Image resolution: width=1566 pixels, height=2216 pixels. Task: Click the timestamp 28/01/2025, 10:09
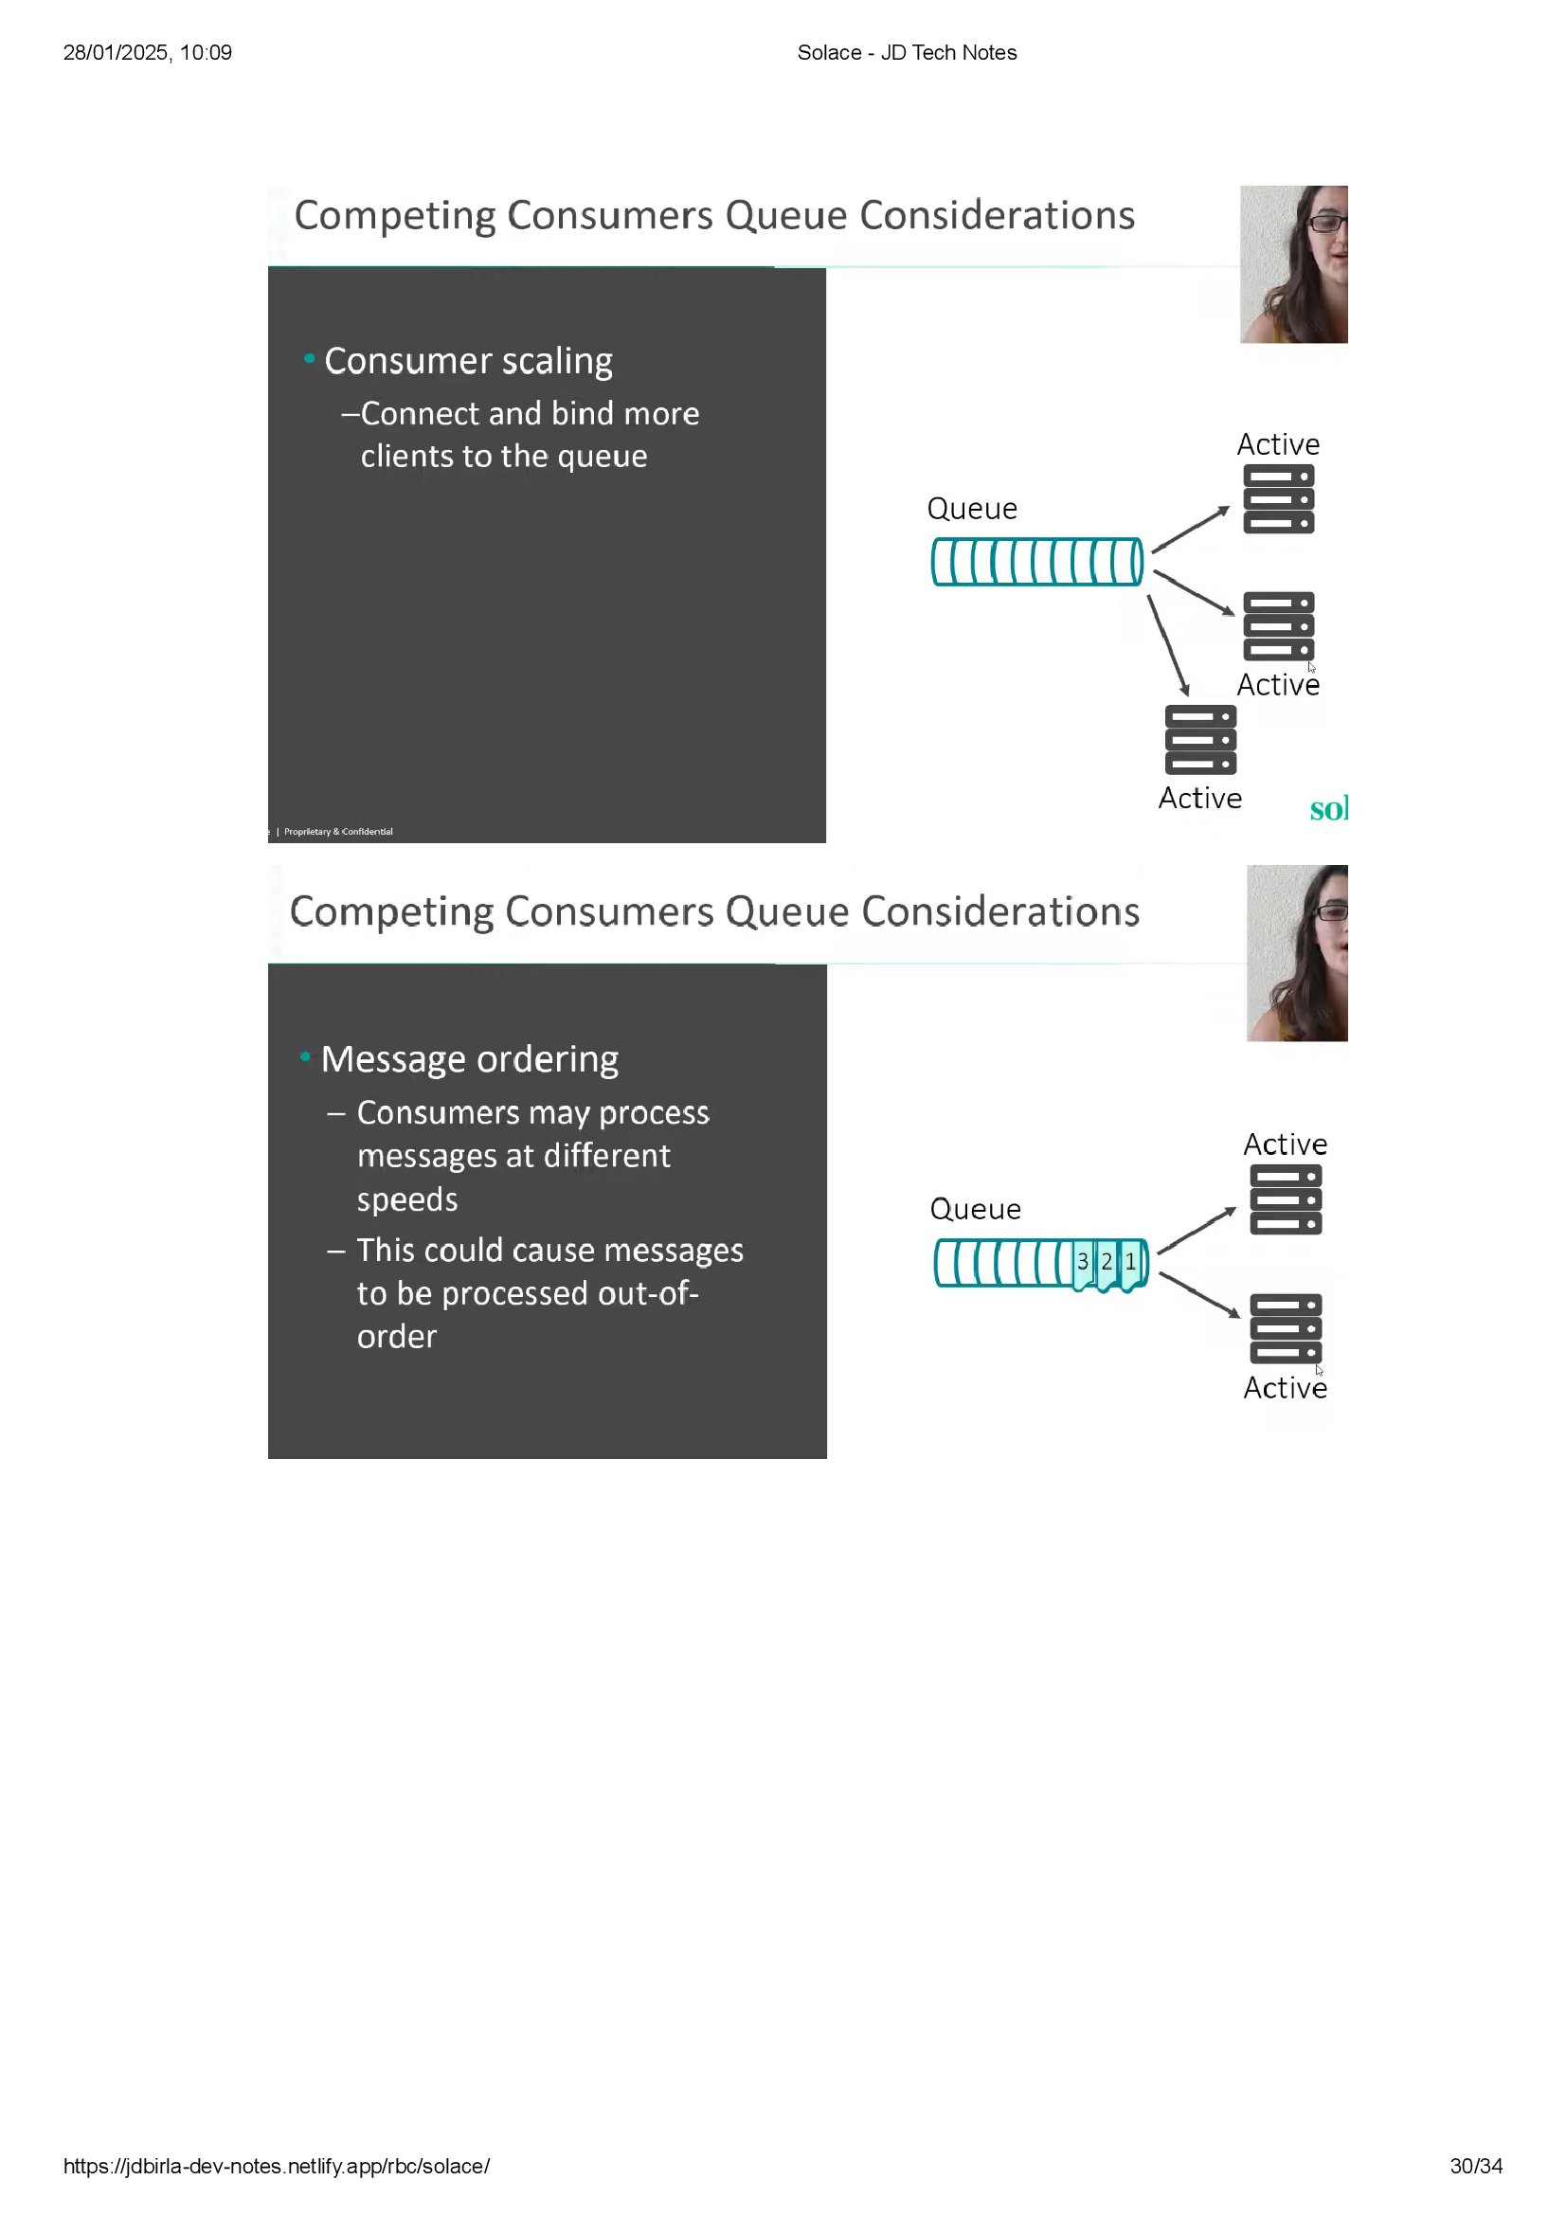(148, 53)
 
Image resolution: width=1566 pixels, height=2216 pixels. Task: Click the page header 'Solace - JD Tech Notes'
(906, 53)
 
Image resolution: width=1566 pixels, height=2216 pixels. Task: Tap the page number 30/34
(1475, 2166)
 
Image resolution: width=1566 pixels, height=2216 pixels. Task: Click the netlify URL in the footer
(277, 2166)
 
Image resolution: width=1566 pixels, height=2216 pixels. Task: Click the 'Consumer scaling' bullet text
(468, 361)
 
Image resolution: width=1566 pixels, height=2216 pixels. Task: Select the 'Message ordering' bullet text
(469, 1059)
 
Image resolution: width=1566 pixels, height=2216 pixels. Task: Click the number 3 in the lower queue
(1083, 1261)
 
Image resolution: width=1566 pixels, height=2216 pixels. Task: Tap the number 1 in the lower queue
(1131, 1261)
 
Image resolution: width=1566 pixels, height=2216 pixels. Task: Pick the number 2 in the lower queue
(1107, 1261)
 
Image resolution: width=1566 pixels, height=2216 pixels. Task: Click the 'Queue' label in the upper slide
(972, 509)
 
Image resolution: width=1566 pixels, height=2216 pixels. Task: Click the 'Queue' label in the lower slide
(975, 1208)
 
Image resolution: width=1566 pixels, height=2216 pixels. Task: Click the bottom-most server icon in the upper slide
(1200, 740)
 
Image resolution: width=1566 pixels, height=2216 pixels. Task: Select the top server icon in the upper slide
(1278, 499)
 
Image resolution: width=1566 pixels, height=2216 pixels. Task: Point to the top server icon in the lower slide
(1286, 1199)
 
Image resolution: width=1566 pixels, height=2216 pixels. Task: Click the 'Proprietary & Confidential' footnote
(337, 831)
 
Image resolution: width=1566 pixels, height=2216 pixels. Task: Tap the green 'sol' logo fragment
(1327, 809)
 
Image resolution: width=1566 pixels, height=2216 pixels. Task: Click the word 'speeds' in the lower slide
(407, 1198)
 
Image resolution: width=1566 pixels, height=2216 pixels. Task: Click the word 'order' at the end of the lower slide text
(397, 1337)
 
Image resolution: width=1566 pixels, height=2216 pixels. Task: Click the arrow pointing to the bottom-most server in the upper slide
(1167, 645)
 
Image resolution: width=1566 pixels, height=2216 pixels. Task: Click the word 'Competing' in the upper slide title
(395, 215)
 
